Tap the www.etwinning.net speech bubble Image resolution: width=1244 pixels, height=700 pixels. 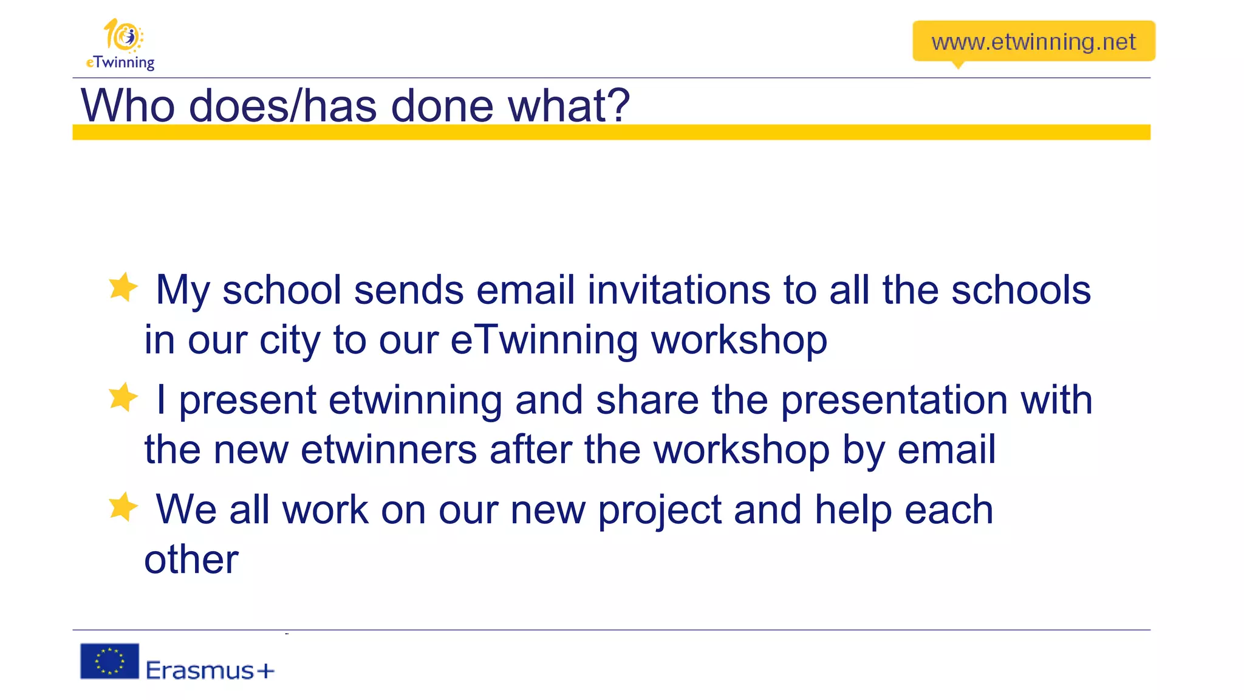click(1033, 41)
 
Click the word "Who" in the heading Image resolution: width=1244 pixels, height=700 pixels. click(128, 106)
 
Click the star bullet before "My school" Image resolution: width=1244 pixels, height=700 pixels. click(123, 287)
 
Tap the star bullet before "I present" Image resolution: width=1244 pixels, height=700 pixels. click(123, 397)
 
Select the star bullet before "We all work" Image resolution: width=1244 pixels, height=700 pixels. click(123, 507)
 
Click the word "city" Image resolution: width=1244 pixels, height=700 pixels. click(290, 340)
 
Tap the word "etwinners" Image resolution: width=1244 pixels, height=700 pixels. click(389, 450)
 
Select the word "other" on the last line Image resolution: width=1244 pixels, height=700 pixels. click(191, 559)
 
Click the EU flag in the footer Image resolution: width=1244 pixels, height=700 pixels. click(110, 661)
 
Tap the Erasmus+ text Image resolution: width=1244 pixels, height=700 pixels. click(210, 670)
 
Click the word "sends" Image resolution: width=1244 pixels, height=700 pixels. click(409, 290)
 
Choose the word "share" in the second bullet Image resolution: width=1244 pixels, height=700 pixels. click(648, 400)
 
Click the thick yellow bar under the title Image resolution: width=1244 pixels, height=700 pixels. click(611, 132)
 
